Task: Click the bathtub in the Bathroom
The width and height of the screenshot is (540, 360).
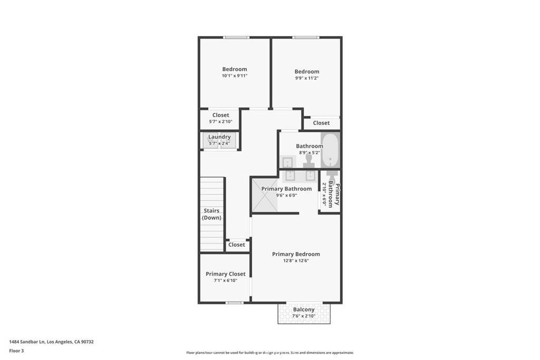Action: coord(330,150)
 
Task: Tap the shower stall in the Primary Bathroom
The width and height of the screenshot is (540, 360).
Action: coord(265,195)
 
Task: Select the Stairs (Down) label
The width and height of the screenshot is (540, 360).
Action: coord(211,214)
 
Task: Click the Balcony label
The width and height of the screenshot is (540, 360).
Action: coord(304,309)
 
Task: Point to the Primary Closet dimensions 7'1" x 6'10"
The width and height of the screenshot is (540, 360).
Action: coord(226,280)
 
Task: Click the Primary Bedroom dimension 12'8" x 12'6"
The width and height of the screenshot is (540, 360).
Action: coord(296,260)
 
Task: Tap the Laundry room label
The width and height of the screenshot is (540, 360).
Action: coord(219,137)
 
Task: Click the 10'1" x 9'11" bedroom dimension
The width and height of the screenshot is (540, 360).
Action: coord(235,76)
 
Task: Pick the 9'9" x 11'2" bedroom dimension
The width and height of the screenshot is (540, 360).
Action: coord(307,78)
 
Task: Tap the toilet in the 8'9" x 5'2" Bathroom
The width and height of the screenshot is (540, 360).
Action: coord(308,161)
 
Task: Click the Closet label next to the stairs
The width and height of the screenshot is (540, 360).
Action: coord(237,245)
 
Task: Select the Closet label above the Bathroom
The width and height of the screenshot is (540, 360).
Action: coord(321,123)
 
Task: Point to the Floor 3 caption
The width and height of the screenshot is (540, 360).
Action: coord(16,351)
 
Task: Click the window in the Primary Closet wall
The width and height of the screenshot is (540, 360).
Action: coord(235,303)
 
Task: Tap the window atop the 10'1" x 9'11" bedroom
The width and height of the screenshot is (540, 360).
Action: coord(236,37)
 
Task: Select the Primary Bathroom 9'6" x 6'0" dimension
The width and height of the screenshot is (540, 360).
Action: coord(286,195)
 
